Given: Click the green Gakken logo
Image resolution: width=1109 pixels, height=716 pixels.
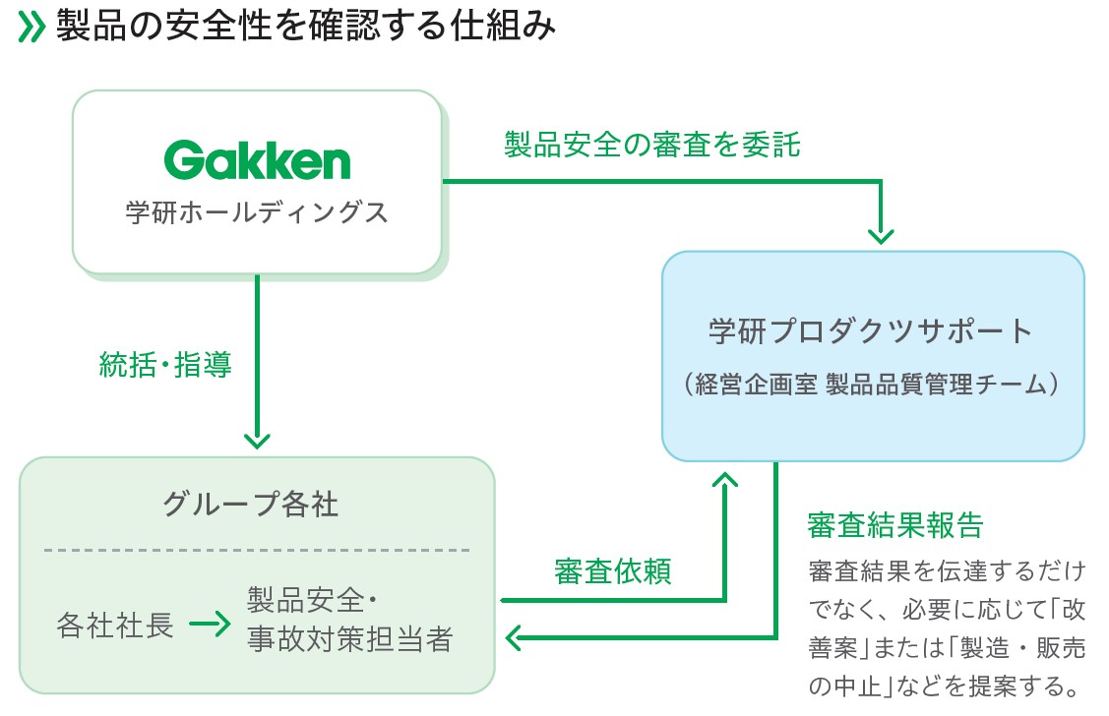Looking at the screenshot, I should [x=257, y=160].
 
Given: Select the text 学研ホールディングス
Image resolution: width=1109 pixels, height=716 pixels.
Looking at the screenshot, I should [x=257, y=212].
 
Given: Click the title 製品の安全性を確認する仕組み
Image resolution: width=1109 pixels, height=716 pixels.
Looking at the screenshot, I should [x=306, y=28].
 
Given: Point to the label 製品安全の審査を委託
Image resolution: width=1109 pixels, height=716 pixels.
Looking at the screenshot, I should [x=652, y=146].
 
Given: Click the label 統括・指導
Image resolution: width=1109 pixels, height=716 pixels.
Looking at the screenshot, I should [x=165, y=366].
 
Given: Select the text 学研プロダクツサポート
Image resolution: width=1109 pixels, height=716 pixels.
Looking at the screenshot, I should [x=872, y=330].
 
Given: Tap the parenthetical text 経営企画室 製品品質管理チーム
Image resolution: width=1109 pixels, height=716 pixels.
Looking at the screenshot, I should [x=872, y=385].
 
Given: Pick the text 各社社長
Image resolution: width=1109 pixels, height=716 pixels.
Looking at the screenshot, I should [x=115, y=626].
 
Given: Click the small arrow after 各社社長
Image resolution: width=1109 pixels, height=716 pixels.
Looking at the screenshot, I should [x=210, y=626].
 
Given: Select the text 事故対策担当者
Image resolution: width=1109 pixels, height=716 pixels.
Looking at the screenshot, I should [x=349, y=641].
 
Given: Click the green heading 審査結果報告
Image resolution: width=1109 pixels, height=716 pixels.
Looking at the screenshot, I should [x=894, y=524].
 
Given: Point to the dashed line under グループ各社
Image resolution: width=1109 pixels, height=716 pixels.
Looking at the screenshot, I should [x=257, y=550].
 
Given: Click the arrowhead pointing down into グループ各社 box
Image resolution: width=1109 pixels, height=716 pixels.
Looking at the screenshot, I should [x=257, y=440].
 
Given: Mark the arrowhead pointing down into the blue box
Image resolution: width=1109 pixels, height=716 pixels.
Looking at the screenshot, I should [x=881, y=235].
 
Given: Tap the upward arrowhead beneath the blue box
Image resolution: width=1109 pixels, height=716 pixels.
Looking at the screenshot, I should [x=725, y=479].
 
